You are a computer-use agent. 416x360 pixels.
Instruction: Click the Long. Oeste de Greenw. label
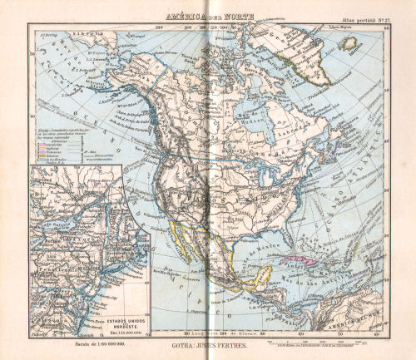coord(208,333)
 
